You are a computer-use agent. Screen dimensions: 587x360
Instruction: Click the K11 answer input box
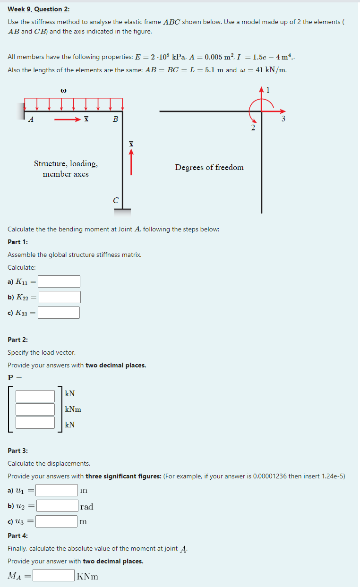[59, 281]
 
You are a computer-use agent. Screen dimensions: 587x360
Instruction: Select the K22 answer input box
[60, 297]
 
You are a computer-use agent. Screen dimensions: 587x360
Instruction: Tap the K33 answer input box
[59, 313]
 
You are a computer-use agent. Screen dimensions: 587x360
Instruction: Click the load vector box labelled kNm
[35, 409]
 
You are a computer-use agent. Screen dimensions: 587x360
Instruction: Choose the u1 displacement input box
[57, 490]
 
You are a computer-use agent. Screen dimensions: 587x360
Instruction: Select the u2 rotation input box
[57, 506]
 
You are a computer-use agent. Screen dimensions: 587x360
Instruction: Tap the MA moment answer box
[53, 575]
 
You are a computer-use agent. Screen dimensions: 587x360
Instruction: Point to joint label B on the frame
[115, 120]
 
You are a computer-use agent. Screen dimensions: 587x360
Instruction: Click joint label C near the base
[116, 200]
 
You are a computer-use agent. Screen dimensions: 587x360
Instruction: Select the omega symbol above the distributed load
[63, 90]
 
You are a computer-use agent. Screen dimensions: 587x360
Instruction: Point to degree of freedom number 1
[268, 90]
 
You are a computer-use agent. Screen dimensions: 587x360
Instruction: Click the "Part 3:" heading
[18, 451]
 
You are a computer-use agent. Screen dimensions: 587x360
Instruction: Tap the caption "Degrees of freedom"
[209, 167]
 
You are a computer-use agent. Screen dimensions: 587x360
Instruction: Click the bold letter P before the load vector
[11, 377]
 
